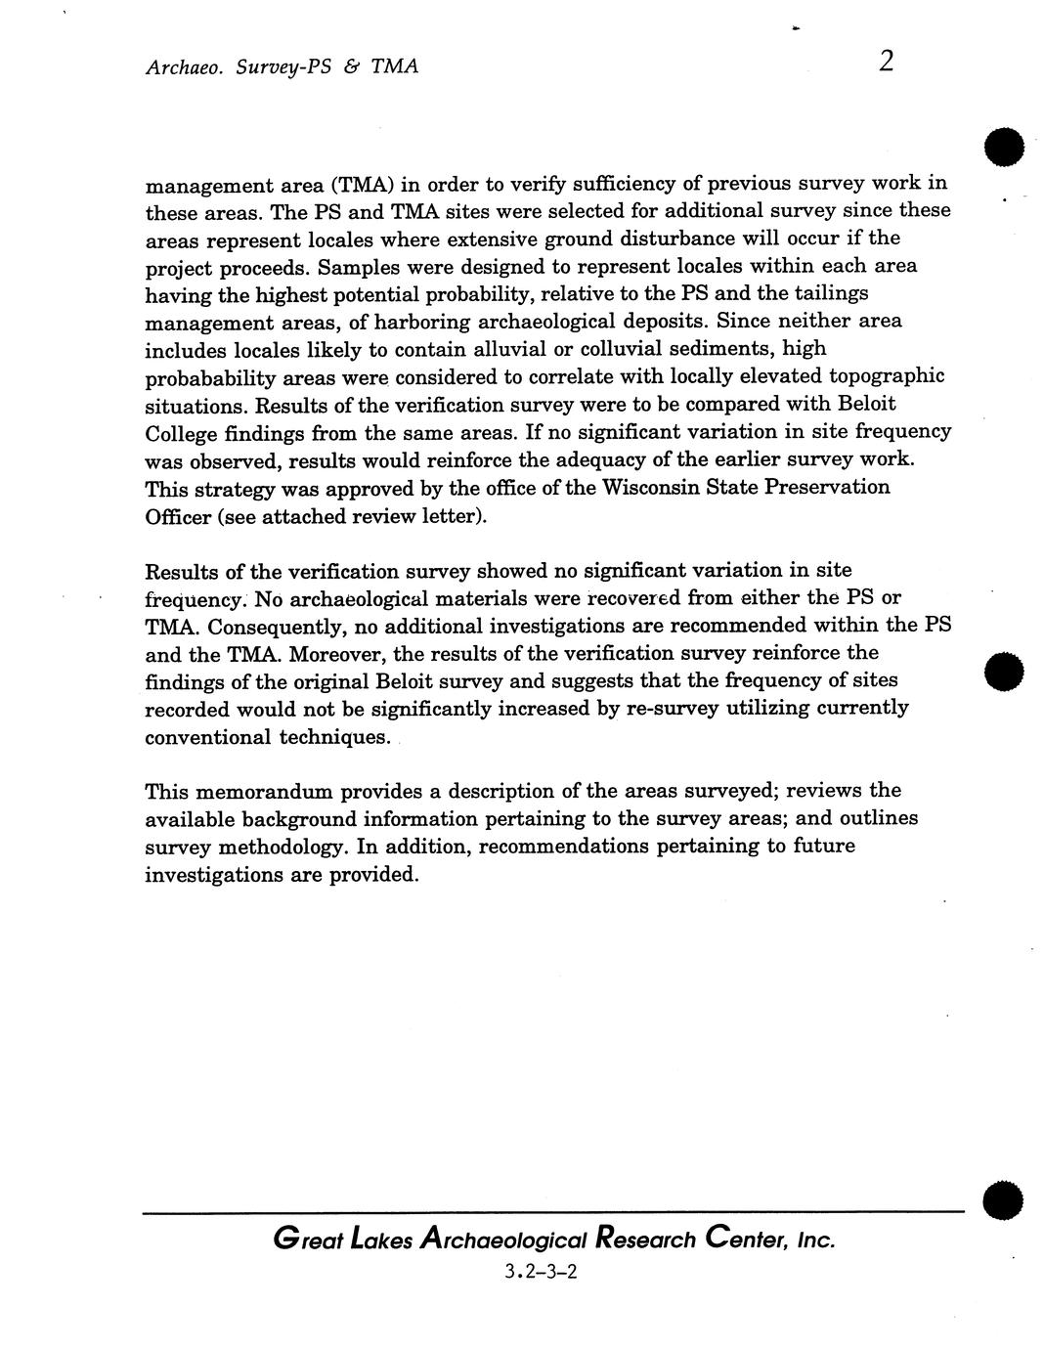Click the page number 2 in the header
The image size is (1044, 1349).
(x=886, y=62)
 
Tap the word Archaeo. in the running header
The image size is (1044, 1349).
(x=180, y=66)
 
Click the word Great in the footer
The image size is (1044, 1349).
(x=306, y=1240)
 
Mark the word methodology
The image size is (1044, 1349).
(x=284, y=847)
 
